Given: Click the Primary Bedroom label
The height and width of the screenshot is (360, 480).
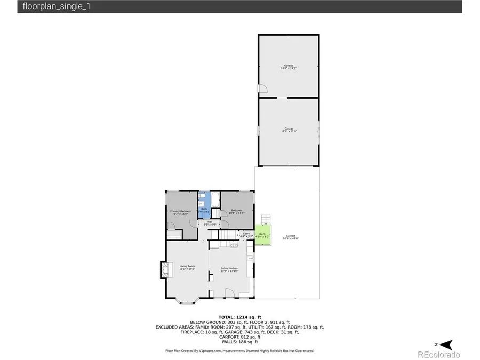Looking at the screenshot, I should [x=181, y=212].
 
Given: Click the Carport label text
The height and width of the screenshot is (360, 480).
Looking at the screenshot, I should [x=291, y=237].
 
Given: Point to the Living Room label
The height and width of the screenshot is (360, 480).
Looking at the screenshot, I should [x=187, y=268].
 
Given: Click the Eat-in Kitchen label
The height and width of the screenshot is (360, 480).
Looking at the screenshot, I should [x=229, y=269].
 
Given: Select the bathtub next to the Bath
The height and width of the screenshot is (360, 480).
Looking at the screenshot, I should [x=215, y=202].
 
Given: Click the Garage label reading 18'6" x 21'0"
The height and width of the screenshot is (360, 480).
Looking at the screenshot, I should [x=289, y=130].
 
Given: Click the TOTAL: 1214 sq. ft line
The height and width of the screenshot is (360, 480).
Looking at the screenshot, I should [x=239, y=317].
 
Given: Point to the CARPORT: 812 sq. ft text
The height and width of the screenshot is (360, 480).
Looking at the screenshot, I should [x=239, y=337].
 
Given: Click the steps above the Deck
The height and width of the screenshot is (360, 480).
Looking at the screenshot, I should [x=266, y=220].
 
